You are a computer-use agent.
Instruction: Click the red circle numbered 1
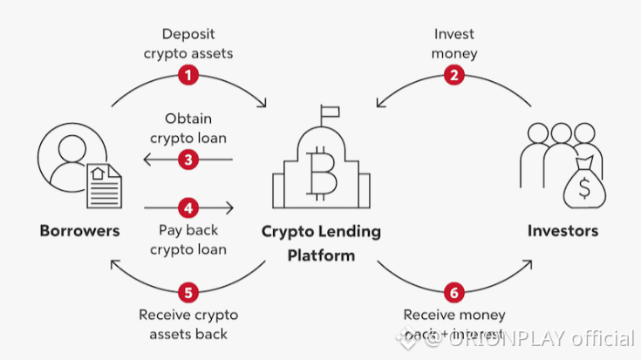[188, 75]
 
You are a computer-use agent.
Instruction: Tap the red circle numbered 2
[453, 75]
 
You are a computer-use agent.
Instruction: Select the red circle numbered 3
[188, 160]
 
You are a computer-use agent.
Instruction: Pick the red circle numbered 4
[188, 207]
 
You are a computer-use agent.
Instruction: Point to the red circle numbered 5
[188, 290]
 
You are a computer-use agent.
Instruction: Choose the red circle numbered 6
[453, 290]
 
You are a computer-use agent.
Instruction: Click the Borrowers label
[79, 232]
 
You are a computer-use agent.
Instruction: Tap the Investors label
[563, 232]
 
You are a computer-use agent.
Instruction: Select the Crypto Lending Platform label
[322, 243]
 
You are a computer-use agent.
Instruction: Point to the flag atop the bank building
[330, 112]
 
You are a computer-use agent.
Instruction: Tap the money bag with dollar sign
[584, 184]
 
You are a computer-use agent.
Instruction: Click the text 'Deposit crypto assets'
[188, 43]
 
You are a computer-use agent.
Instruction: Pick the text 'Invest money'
[453, 43]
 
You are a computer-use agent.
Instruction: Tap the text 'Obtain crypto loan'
[188, 128]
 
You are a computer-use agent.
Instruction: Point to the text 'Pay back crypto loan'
[188, 240]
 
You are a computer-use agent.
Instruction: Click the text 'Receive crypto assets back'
[188, 323]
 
